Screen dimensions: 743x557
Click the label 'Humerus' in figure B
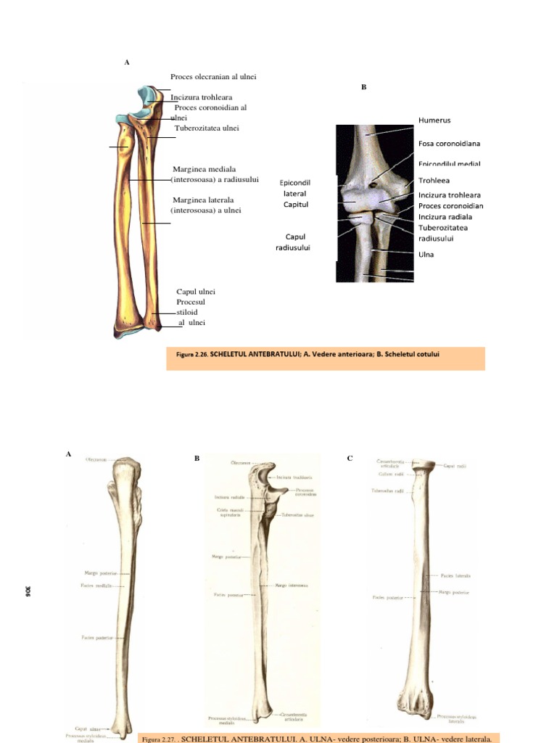(434, 120)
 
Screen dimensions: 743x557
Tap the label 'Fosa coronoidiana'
(450, 144)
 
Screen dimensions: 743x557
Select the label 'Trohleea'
(434, 181)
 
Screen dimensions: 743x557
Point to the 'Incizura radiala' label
(445, 216)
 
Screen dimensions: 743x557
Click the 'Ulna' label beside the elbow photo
(426, 255)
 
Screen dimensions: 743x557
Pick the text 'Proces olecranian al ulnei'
(213, 76)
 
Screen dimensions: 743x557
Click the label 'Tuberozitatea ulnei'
(207, 128)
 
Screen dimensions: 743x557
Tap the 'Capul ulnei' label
(196, 292)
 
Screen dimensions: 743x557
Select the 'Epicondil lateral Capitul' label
(294, 194)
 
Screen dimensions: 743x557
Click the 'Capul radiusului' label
(293, 242)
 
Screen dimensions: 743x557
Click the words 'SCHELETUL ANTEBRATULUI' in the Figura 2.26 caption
(250, 355)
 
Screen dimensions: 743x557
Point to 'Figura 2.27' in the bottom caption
(157, 739)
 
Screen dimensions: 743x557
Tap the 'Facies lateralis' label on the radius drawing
(456, 575)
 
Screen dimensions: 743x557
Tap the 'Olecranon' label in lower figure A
(96, 459)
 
